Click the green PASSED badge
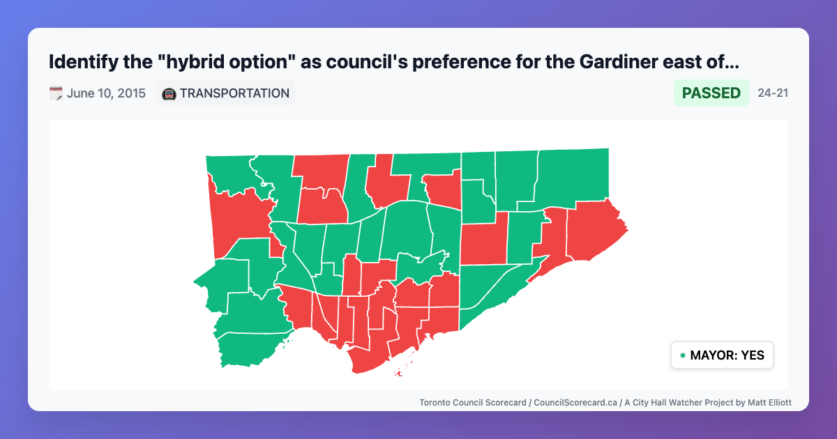point(711,93)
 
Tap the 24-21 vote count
point(773,93)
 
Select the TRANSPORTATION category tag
point(234,93)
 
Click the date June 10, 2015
point(106,93)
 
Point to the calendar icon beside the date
point(56,93)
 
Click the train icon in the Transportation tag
point(169,93)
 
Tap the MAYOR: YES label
point(727,355)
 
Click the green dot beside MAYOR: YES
point(682,355)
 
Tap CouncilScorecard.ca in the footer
point(575,402)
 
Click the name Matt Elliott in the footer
point(766,402)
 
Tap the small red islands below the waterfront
point(400,373)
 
